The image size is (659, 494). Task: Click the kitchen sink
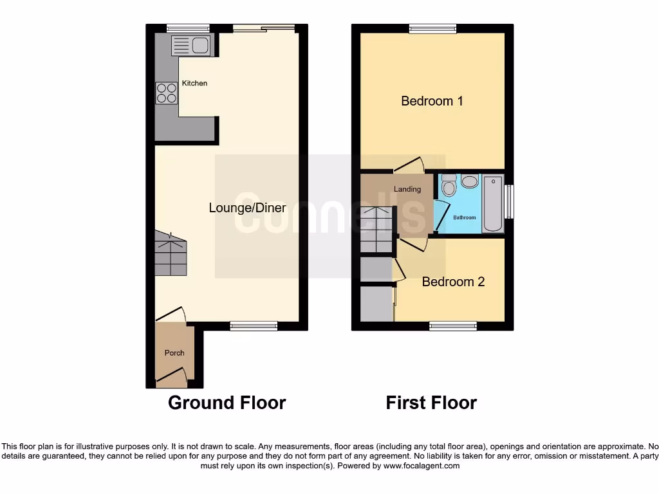tap(190, 45)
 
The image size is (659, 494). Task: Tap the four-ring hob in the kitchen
tap(167, 93)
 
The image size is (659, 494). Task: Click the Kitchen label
tap(194, 84)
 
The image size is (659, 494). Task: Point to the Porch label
tap(174, 352)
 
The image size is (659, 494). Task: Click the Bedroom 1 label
tap(432, 101)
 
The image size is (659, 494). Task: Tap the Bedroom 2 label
tap(453, 282)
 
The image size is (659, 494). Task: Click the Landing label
tap(407, 189)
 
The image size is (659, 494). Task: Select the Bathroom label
tap(465, 217)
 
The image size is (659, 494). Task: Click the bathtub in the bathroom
tap(493, 203)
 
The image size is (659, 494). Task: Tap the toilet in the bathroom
tap(449, 185)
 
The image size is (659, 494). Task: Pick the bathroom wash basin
tap(470, 182)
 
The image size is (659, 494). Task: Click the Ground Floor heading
tap(227, 403)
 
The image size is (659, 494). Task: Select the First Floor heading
tap(431, 403)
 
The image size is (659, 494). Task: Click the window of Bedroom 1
tap(432, 28)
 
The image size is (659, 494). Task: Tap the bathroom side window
tap(509, 202)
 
